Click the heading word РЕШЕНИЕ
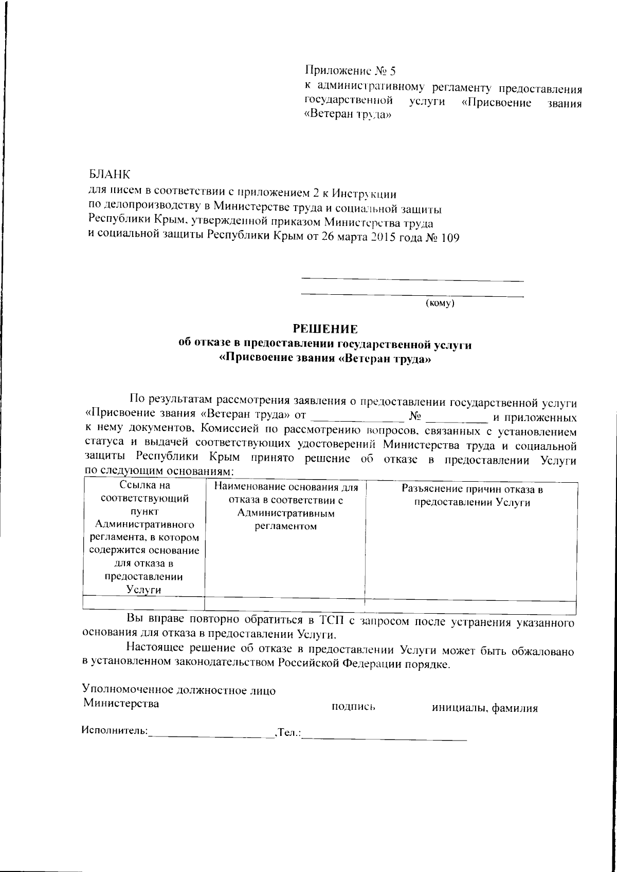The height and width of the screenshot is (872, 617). [x=324, y=329]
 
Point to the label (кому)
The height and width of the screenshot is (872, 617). [x=441, y=304]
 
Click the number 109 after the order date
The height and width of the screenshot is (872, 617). [x=447, y=238]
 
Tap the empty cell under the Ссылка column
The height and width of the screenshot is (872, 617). [x=143, y=603]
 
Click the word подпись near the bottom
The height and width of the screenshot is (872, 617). [x=354, y=708]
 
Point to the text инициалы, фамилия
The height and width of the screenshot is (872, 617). [x=484, y=709]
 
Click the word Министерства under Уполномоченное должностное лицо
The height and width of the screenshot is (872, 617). [x=121, y=703]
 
